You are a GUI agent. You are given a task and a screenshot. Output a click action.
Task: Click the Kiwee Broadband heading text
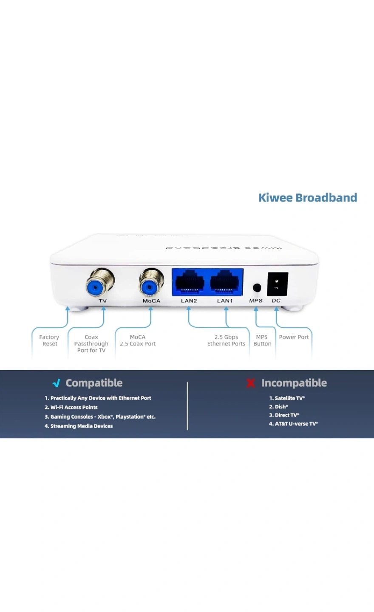[308, 198]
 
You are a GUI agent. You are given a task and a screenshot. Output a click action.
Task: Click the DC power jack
[277, 284]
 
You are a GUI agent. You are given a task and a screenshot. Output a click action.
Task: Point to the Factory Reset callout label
[49, 340]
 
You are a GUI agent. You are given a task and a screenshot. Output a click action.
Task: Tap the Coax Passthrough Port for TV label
[91, 344]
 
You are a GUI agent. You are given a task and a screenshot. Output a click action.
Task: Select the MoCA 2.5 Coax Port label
[138, 340]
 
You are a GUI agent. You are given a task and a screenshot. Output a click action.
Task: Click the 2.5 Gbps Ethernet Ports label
[226, 340]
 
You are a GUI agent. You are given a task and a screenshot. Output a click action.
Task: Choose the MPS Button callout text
[262, 340]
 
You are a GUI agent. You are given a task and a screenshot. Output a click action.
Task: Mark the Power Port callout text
[294, 337]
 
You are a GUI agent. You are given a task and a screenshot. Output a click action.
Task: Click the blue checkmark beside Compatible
[56, 383]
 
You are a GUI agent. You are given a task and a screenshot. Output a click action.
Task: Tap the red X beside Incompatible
[251, 383]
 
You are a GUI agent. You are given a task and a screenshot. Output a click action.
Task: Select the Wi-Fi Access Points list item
[71, 407]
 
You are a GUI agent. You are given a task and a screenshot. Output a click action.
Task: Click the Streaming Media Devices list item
[79, 426]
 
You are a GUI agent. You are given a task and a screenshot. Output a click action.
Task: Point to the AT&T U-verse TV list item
[293, 424]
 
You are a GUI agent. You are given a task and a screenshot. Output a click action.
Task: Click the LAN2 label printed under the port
[189, 301]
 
